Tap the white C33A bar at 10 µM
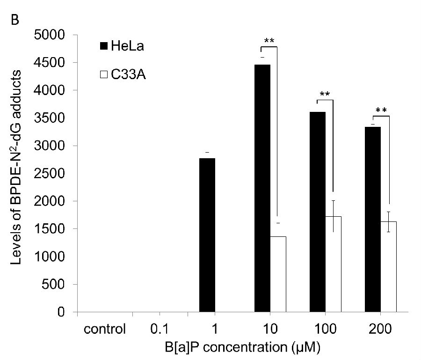(x=278, y=274)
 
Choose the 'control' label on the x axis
(x=105, y=329)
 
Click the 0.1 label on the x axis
(x=160, y=329)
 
